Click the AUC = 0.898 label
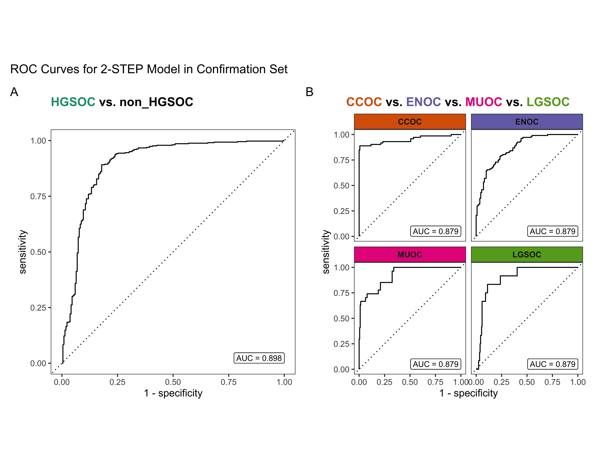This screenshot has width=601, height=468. coord(259,358)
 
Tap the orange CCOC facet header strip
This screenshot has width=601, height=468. coord(410,122)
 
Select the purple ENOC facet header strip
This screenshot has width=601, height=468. coord(527,122)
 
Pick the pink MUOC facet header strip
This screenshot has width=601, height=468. coord(410,255)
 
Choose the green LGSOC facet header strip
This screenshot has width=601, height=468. coord(527,255)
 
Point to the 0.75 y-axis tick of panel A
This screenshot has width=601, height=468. coord(38,196)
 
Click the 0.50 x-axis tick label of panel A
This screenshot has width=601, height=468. coord(173,382)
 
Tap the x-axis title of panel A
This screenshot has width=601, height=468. coord(173,393)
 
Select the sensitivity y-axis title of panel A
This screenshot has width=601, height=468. coord(23,252)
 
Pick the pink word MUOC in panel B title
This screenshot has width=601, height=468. coord(483,102)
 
